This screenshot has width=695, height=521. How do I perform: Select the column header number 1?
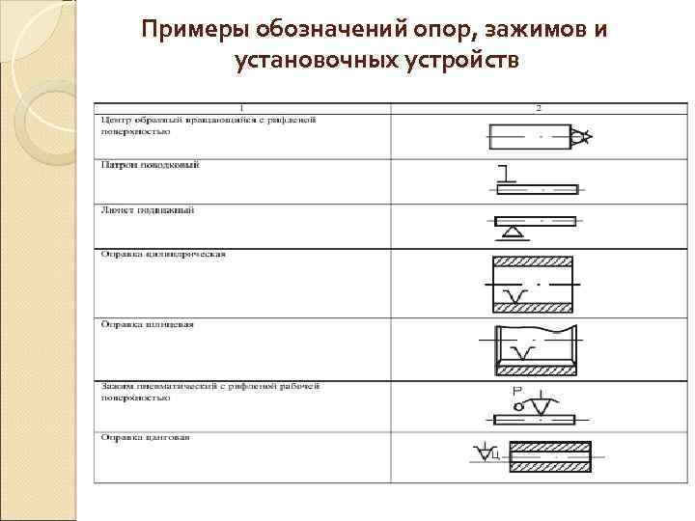[x=241, y=106]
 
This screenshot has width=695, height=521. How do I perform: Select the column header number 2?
[x=538, y=106]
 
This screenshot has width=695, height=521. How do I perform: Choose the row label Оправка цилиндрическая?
[x=162, y=254]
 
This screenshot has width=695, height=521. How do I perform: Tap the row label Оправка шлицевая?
[x=148, y=324]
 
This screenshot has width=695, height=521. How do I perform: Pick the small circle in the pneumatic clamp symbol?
[x=519, y=407]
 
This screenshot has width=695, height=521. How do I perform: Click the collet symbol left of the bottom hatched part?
[x=487, y=452]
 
